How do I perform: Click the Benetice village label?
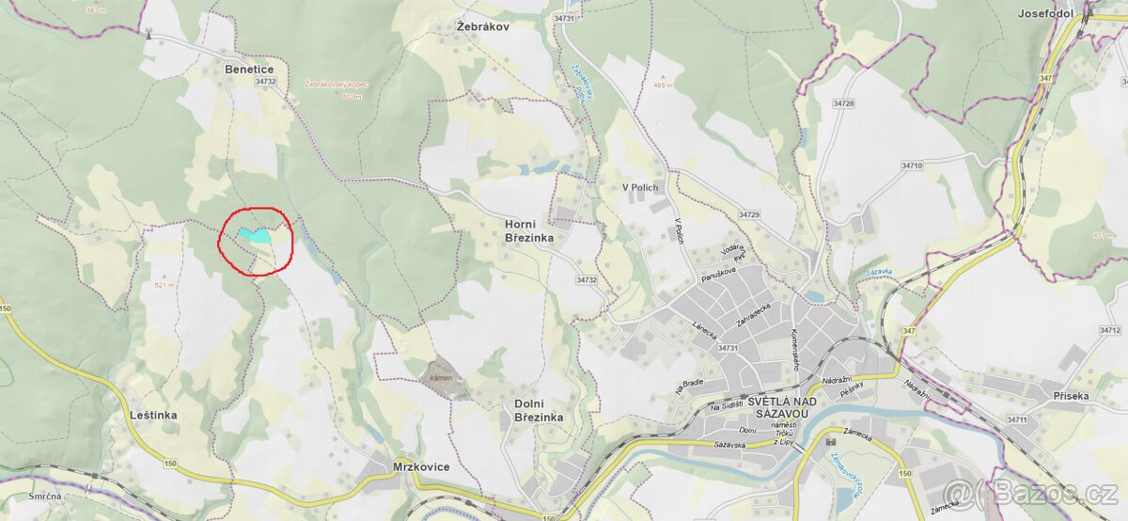coord(249,69)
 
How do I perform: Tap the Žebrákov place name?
coord(482,26)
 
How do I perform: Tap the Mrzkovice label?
coord(420,466)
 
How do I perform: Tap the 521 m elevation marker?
coord(164,285)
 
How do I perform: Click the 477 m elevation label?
coord(1104,236)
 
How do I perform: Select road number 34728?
coord(843,103)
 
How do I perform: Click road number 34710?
coord(911,166)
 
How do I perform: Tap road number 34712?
coord(1109,331)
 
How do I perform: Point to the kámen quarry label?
coord(441,378)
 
